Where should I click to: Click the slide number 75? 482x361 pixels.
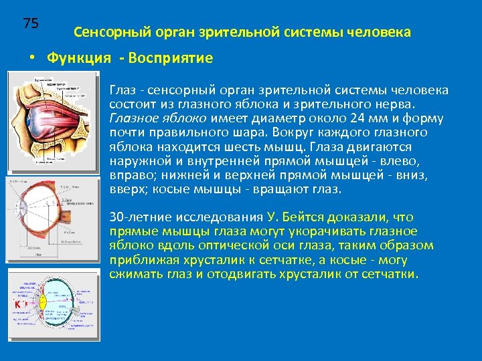click(31, 23)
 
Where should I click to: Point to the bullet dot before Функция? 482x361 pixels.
click(31, 58)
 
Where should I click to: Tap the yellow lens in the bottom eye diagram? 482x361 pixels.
click(43, 302)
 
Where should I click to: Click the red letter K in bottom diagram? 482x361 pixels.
click(17, 305)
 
